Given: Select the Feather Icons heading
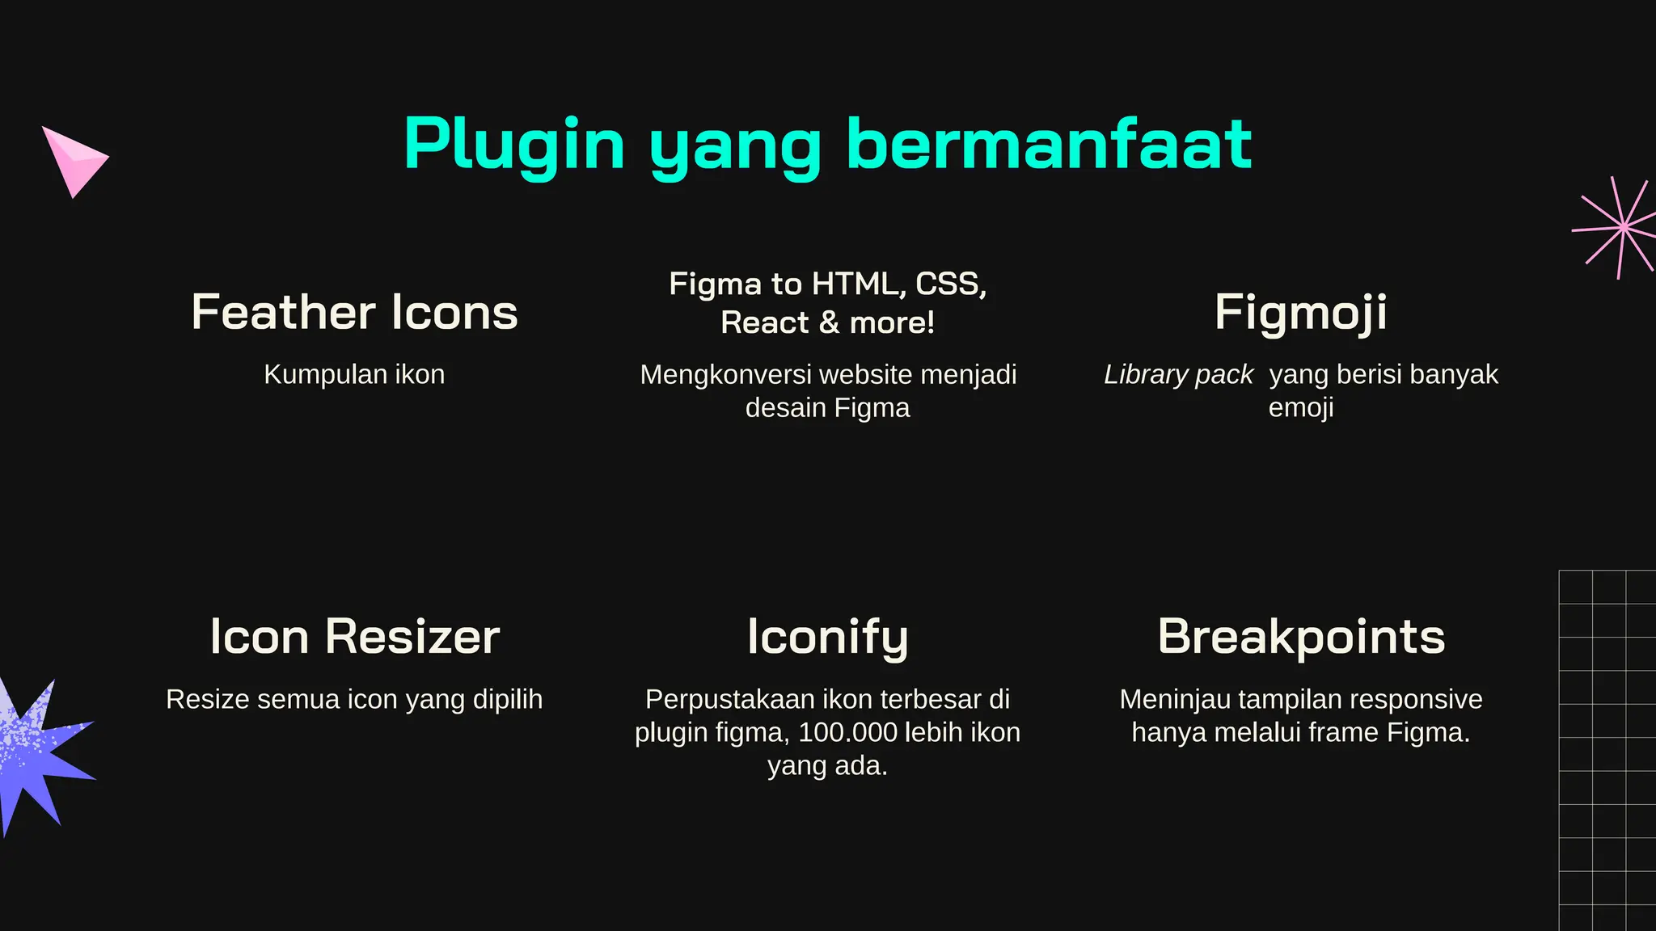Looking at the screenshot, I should pos(354,312).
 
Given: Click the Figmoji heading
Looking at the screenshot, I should pos(1300,312).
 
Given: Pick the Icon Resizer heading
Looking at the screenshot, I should pos(354,637).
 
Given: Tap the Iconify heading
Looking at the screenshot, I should pos(827,637).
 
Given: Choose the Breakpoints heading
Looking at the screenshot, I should pos(1300,637).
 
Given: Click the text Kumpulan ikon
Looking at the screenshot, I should pos(354,374).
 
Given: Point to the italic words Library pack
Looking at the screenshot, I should pos(1178,374).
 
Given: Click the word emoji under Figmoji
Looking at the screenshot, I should pos(1300,408).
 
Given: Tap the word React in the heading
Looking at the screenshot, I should pos(764,322).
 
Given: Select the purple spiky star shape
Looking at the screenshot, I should pos(36,756).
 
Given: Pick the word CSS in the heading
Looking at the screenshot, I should pos(949,284).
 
